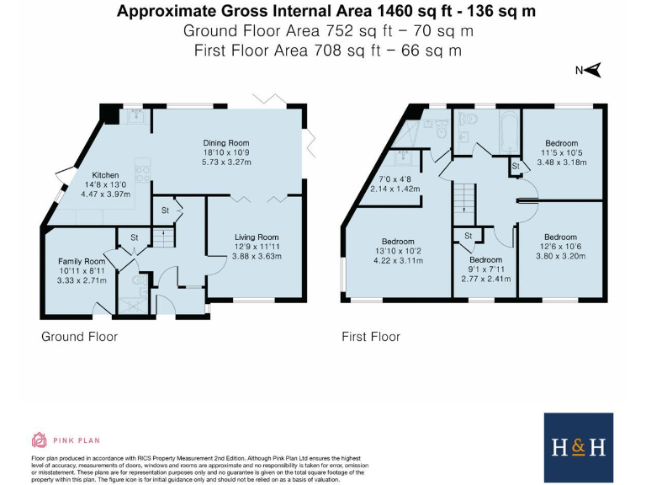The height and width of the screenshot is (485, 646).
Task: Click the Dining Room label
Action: [226, 143]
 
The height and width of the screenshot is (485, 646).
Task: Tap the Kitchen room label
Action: [105, 175]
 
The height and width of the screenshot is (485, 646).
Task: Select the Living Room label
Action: [257, 237]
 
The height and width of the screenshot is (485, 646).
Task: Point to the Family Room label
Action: [82, 262]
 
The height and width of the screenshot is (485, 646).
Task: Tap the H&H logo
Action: [579, 447]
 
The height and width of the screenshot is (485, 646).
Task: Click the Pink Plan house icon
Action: [40, 440]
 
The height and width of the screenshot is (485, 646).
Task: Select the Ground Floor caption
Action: [80, 337]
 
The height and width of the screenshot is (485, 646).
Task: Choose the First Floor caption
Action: [371, 337]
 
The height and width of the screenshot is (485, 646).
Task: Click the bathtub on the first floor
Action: [510, 131]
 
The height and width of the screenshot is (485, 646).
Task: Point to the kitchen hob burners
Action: [142, 173]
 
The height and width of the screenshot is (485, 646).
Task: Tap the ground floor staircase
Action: [164, 237]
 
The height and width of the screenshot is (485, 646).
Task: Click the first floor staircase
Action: [464, 199]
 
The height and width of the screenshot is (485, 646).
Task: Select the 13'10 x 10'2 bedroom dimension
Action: [398, 251]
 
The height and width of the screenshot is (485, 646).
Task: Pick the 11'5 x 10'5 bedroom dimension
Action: [562, 153]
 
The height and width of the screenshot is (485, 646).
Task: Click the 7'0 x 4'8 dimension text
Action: [394, 180]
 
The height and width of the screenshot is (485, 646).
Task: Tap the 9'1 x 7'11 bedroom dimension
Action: [485, 269]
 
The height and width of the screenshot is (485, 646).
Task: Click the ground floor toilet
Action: [140, 281]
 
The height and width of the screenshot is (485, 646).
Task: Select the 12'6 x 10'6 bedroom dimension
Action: [560, 247]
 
